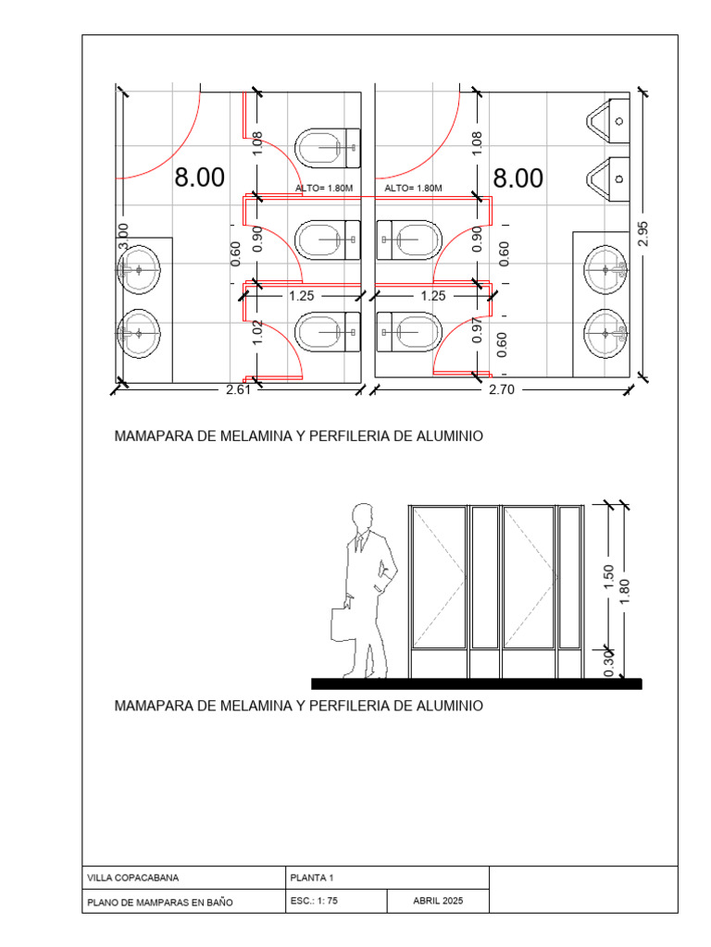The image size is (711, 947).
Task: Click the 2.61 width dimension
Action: click(238, 389)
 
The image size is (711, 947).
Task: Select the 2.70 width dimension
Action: click(502, 389)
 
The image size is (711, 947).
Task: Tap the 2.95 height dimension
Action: click(642, 234)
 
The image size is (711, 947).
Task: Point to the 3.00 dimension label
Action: click(123, 236)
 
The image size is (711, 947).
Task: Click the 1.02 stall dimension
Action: click(257, 333)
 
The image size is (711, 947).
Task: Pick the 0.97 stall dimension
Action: click(478, 330)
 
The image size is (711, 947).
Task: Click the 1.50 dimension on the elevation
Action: click(609, 577)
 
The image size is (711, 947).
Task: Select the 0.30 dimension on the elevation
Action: click(609, 663)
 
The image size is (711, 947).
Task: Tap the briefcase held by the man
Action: click(343, 624)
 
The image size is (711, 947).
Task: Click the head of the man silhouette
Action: click(363, 517)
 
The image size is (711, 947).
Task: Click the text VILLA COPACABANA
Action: click(133, 878)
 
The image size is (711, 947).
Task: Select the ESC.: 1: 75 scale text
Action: click(314, 901)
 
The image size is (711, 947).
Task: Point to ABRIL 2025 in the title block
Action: click(438, 901)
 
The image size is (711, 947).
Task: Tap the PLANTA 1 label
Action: click(312, 878)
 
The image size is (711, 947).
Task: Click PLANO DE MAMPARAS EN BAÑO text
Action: click(159, 903)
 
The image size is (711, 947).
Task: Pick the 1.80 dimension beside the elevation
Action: click(625, 591)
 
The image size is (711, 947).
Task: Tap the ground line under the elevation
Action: click(477, 683)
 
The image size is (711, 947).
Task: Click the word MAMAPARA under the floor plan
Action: click(154, 437)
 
